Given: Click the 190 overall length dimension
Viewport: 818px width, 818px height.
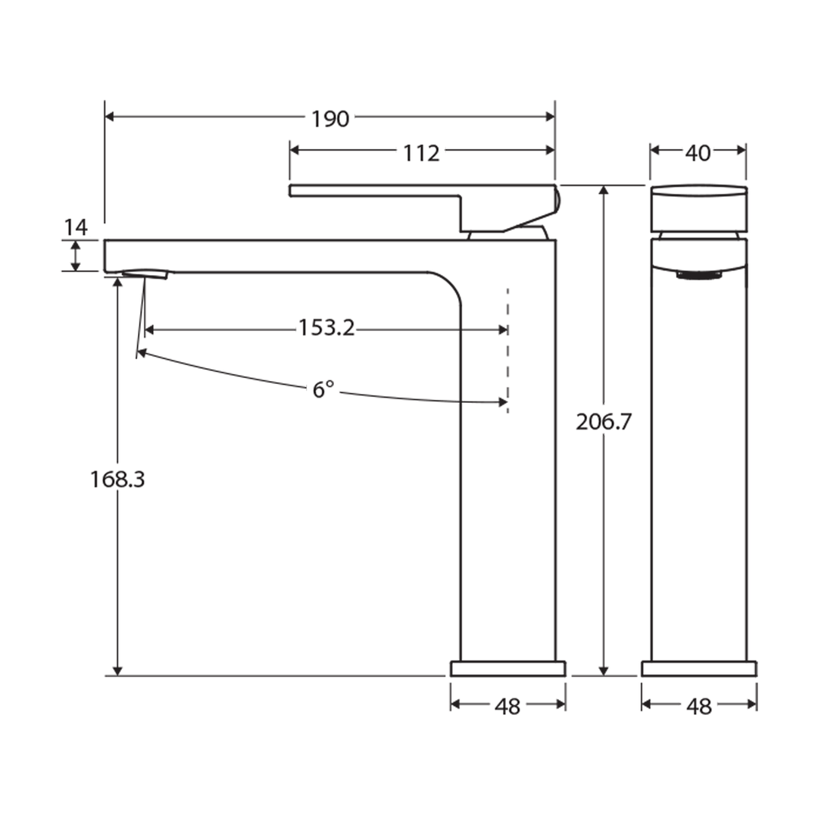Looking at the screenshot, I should point(330,119).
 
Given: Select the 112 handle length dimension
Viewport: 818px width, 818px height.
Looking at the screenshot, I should point(421,153).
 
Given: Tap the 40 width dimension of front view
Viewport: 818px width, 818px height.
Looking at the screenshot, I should point(698,153).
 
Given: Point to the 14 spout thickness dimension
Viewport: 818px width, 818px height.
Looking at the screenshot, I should point(76,227).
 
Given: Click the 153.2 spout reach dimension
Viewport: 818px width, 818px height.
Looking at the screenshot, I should point(326,329).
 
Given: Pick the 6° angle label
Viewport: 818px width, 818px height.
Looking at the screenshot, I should point(323,390).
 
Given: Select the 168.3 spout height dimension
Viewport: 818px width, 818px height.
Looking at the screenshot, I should point(117,479).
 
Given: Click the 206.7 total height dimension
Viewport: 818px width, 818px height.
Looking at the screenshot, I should point(603,423).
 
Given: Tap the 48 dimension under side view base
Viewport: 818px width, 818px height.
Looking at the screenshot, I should point(507,707).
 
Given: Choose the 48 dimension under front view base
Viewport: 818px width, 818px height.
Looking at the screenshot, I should point(698,707).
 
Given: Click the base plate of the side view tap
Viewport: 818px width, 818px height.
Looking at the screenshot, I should point(507,669).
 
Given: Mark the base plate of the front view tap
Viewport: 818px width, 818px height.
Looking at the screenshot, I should point(698,669).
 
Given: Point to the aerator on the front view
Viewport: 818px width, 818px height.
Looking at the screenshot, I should point(698,276).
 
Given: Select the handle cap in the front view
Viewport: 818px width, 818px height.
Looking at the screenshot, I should point(698,208).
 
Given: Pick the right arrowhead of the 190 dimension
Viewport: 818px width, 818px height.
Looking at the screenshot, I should point(551,117).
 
